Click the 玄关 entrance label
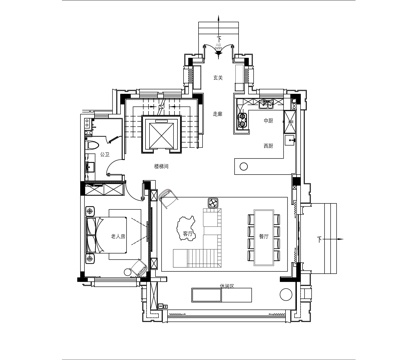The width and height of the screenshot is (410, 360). tap(217, 78)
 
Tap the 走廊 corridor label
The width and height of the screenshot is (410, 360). tap(216, 113)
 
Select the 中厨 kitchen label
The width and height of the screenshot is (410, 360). tap(268, 121)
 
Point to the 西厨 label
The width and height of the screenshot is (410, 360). tap(268, 147)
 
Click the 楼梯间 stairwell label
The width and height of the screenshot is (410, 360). tap(160, 167)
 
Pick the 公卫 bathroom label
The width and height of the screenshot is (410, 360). tap(105, 156)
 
